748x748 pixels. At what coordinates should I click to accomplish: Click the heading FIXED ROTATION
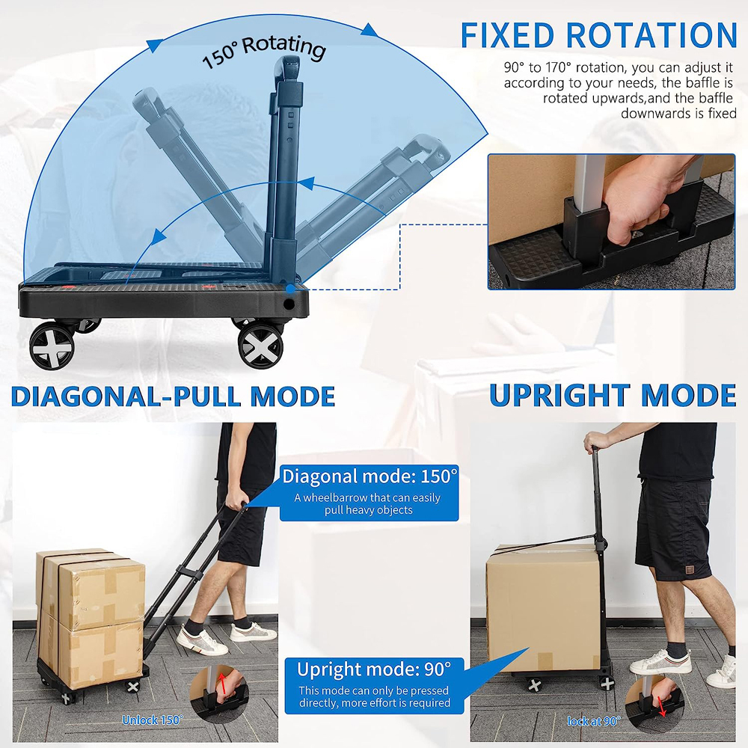coord(598,35)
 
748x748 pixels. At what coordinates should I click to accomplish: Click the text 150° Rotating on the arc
coord(264,52)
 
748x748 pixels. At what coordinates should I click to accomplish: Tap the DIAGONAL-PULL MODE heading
coord(173,396)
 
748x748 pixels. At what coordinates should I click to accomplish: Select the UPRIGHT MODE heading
coord(613,395)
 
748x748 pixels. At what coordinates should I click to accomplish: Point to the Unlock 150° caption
coord(152,720)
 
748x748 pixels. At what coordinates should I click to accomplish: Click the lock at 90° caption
coord(594,721)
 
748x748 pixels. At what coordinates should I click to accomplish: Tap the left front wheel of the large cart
coord(52,346)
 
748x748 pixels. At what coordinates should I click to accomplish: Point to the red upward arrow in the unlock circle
coord(222,684)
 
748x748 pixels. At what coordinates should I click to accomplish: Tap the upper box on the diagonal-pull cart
coord(91,589)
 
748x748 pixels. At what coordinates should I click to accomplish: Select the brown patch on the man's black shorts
coord(682,573)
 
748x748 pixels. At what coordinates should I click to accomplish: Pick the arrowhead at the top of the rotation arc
coord(370,30)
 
